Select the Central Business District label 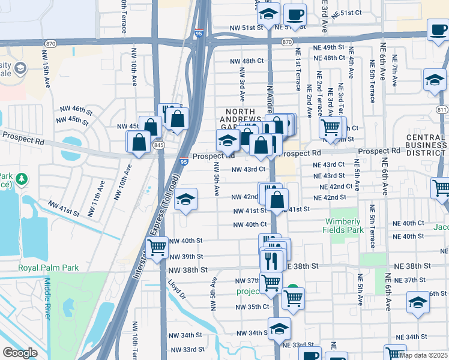426,145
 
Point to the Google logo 20,353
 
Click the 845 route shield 158,145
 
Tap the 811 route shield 442,110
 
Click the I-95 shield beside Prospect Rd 184,161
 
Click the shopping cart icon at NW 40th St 157,246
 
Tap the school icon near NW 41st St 186,199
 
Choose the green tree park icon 22,179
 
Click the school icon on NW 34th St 279,328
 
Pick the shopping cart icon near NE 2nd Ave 330,127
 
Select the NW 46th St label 76,110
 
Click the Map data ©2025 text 424,355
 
